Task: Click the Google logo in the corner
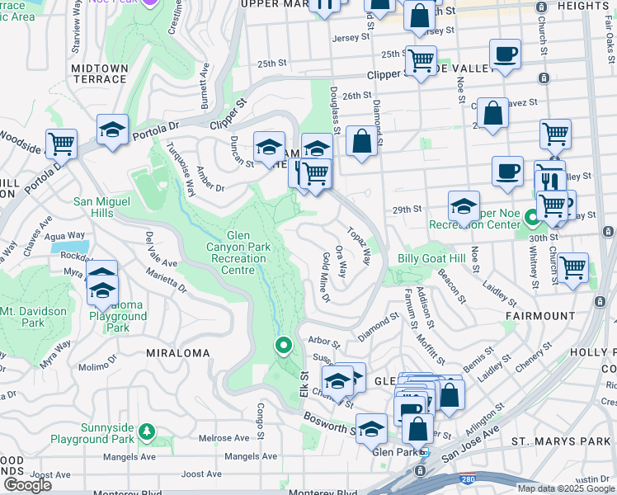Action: tap(27, 485)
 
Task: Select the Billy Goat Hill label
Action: tap(431, 258)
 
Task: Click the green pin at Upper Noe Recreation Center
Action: tap(533, 219)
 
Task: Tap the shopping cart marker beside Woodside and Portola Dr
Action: tap(61, 144)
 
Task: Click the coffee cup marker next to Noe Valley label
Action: tap(505, 54)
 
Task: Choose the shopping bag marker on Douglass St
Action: tap(361, 141)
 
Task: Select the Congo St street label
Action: tap(258, 412)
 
